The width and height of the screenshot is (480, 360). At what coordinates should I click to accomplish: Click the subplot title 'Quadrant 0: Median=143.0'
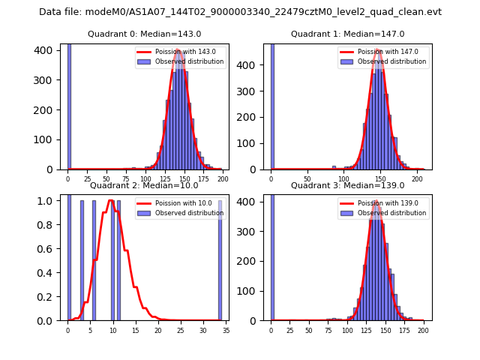click(x=145, y=34)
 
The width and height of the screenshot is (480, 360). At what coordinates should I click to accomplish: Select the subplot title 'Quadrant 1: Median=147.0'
click(x=348, y=34)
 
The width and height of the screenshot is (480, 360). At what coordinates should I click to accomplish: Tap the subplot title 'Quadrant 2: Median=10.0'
click(x=145, y=185)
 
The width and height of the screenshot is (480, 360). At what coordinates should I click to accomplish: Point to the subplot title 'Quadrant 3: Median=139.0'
click(x=348, y=185)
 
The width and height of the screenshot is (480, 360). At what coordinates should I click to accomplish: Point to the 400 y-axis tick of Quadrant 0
click(x=48, y=50)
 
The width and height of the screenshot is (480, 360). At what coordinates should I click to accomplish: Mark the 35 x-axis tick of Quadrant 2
click(x=226, y=329)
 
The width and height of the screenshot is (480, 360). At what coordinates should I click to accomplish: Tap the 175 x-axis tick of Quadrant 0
click(x=203, y=178)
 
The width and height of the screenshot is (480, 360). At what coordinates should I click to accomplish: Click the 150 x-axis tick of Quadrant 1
click(x=381, y=178)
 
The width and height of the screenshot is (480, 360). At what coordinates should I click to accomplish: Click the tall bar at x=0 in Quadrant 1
click(x=272, y=105)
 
